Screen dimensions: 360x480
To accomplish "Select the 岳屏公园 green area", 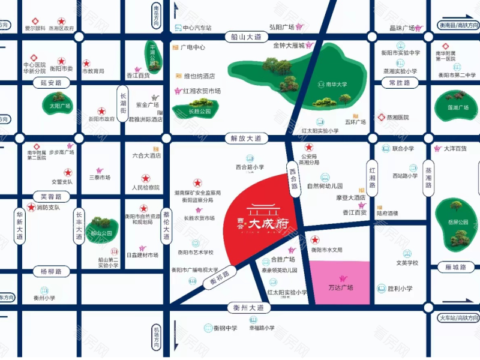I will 457,223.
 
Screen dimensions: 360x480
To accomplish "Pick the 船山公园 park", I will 100,227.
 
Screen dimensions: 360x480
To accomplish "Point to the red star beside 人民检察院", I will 145,178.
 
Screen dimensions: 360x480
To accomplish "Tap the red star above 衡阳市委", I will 61,61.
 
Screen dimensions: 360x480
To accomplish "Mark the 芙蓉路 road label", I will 52,196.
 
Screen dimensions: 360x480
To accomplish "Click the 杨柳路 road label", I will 52,272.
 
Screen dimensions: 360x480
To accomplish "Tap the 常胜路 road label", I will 399,82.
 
